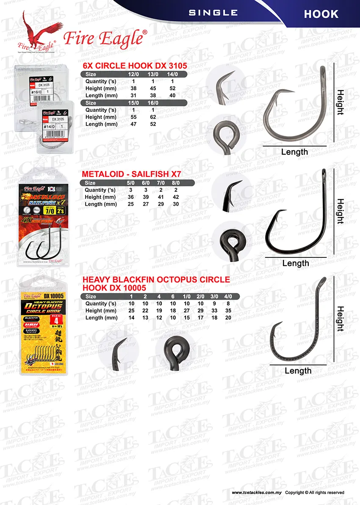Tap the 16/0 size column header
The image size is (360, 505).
click(152, 103)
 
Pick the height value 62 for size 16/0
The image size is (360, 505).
click(152, 117)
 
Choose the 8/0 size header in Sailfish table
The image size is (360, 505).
click(176, 183)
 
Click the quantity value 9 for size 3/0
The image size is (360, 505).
click(217, 304)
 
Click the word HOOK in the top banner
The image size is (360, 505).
click(321, 14)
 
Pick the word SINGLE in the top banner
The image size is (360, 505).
click(213, 13)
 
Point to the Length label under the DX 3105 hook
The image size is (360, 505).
click(295, 152)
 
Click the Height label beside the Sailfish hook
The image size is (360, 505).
click(340, 211)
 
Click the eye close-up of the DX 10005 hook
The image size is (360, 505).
click(176, 349)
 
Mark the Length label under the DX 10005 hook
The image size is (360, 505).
click(298, 371)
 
